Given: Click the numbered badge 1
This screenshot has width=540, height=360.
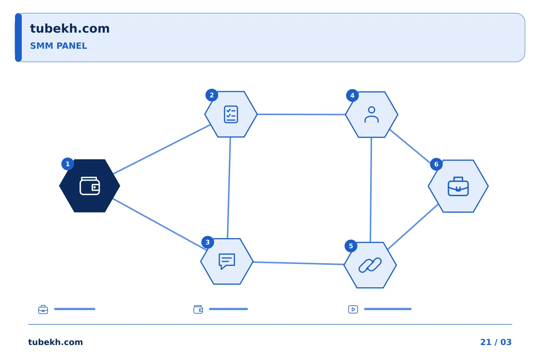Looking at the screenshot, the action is click(x=68, y=164).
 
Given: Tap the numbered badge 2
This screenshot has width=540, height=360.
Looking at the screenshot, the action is click(x=211, y=95).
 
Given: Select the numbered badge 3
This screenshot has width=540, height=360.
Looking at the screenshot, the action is click(x=208, y=242).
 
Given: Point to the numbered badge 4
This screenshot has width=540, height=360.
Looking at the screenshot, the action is click(x=352, y=96).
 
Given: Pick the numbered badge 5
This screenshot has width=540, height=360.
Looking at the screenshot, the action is click(x=351, y=246).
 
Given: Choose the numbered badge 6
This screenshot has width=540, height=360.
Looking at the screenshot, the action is click(x=436, y=164).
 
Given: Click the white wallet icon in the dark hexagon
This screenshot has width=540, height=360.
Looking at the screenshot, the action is click(x=90, y=186).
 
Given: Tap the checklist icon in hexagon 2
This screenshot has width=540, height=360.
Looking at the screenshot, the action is click(x=231, y=114).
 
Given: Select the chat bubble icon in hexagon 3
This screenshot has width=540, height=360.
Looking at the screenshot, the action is click(x=227, y=261).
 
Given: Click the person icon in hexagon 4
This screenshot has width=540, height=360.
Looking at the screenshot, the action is click(x=372, y=114).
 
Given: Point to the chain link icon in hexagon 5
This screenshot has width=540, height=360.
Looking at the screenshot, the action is click(x=370, y=265).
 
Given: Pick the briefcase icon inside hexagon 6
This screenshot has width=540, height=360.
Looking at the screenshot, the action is click(x=458, y=186).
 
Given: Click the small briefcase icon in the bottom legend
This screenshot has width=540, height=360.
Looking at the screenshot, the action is click(x=43, y=309).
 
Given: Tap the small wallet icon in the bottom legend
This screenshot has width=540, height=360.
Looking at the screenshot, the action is click(x=198, y=309).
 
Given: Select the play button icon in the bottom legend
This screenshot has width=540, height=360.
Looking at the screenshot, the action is click(x=353, y=309).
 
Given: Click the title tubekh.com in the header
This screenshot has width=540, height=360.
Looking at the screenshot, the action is click(x=70, y=28).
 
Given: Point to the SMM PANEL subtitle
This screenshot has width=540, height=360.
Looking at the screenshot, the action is click(x=58, y=46).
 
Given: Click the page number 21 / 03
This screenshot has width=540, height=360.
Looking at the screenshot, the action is click(x=496, y=342).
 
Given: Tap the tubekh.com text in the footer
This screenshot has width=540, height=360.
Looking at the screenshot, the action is click(x=55, y=342).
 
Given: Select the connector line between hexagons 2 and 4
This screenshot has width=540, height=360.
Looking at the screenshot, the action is click(x=301, y=114).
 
